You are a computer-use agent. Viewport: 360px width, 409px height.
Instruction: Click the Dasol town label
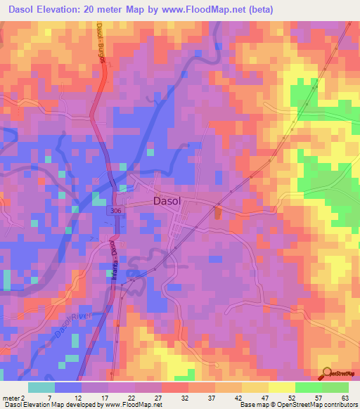click(167, 201)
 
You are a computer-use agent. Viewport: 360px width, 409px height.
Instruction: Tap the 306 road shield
click(115, 211)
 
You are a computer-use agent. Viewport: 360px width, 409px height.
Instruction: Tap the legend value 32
click(165, 398)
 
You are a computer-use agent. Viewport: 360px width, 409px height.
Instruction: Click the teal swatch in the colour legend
click(41, 387)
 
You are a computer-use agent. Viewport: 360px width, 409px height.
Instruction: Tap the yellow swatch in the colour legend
click(281, 387)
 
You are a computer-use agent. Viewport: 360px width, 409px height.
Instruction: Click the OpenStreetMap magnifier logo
click(326, 372)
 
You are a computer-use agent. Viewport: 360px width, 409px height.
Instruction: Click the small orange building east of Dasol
click(216, 211)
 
